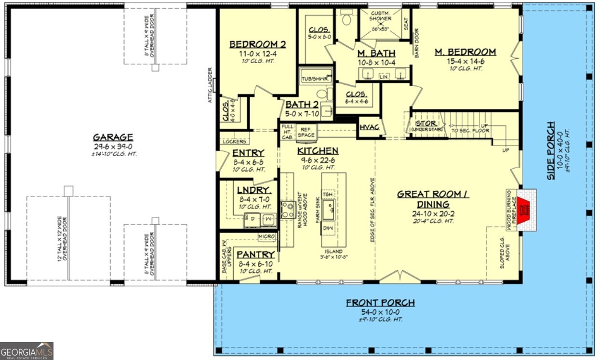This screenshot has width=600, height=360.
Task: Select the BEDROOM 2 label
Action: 257,44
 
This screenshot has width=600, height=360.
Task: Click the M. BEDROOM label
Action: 465,52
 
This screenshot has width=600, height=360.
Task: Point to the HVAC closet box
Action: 370,128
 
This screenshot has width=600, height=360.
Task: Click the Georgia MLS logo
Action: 27,350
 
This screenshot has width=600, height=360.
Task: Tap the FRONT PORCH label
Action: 380,303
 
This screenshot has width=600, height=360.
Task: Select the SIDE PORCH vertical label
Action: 550,150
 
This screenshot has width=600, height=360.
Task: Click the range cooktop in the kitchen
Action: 288,209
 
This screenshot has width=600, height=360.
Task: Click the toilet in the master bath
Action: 347,17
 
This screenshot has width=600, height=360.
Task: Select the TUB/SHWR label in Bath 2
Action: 314,79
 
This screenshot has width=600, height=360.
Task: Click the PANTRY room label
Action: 256,254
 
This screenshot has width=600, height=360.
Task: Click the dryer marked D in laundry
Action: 252,219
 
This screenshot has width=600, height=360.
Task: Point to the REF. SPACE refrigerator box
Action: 306,132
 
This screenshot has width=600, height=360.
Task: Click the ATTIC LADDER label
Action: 210,85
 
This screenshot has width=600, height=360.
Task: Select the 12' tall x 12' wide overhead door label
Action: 61,239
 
